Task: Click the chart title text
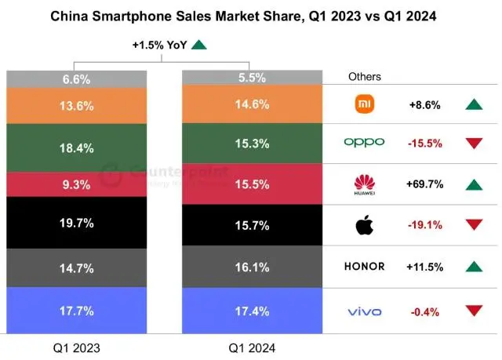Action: (251, 14)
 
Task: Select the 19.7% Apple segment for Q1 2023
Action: (76, 223)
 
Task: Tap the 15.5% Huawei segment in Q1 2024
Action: (251, 185)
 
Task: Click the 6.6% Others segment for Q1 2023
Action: (76, 79)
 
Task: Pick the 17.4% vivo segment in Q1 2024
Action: (251, 312)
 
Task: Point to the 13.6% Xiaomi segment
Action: (76, 106)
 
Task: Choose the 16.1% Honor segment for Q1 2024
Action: (251, 267)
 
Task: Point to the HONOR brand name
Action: (365, 267)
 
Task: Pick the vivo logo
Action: (365, 312)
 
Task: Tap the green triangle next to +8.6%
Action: (473, 104)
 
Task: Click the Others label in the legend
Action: (365, 77)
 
